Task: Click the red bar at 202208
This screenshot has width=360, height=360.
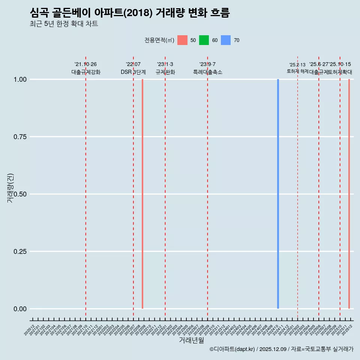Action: pyautogui.click(x=142, y=194)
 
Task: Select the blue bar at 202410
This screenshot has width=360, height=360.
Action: pyautogui.click(x=278, y=194)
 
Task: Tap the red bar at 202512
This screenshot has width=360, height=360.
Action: pyautogui.click(x=349, y=194)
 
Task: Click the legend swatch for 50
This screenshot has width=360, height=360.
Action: pyautogui.click(x=182, y=40)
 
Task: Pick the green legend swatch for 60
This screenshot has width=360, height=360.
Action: pyautogui.click(x=204, y=40)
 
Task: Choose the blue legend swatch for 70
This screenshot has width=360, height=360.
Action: pyautogui.click(x=226, y=40)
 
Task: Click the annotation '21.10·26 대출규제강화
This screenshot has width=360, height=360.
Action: pyautogui.click(x=86, y=68)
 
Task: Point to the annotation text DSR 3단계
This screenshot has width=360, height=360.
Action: pyautogui.click(x=133, y=72)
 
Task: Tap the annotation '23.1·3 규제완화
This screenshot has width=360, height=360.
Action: pyautogui.click(x=165, y=68)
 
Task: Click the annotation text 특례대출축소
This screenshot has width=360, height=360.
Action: pyautogui.click(x=208, y=72)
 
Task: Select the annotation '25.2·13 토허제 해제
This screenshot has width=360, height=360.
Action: pyautogui.click(x=298, y=68)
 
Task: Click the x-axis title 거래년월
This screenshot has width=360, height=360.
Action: pyautogui.click(x=192, y=340)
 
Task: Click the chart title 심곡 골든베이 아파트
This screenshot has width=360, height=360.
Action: pyautogui.click(x=130, y=13)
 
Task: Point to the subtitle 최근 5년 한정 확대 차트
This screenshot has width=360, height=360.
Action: pyautogui.click(x=64, y=24)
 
